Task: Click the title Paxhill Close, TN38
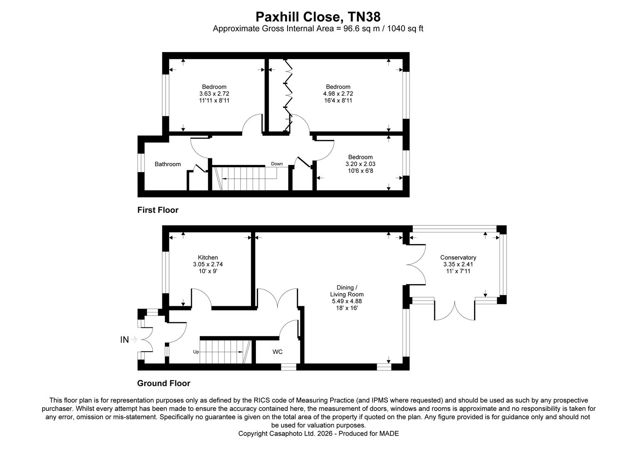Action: pyautogui.click(x=318, y=17)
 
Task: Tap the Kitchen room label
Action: pyautogui.click(x=208, y=257)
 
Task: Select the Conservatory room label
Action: pyautogui.click(x=458, y=257)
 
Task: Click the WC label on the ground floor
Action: pyautogui.click(x=278, y=352)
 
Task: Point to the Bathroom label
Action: pyautogui.click(x=168, y=164)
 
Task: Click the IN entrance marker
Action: pyautogui.click(x=124, y=340)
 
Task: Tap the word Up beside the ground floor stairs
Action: pyautogui.click(x=196, y=352)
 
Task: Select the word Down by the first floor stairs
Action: pyautogui.click(x=277, y=164)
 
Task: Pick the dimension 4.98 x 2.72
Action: pyautogui.click(x=338, y=94)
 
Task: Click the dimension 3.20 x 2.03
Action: pyautogui.click(x=360, y=164)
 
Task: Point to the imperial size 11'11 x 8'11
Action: pyautogui.click(x=214, y=100)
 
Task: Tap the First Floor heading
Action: pyautogui.click(x=158, y=210)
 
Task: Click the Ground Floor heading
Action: pyautogui.click(x=164, y=383)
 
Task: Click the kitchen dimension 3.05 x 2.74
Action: pyautogui.click(x=208, y=264)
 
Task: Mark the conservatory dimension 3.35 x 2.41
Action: pyautogui.click(x=458, y=264)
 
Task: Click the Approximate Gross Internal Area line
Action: pyautogui.click(x=318, y=29)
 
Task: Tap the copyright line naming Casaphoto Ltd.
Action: pyautogui.click(x=318, y=433)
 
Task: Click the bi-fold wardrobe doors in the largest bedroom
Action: pyautogui.click(x=288, y=96)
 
